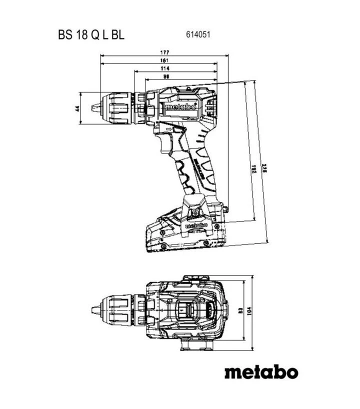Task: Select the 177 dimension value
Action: [164, 52]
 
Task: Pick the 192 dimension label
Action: [254, 170]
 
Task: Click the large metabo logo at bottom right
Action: [260, 372]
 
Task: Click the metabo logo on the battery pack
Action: [196, 226]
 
